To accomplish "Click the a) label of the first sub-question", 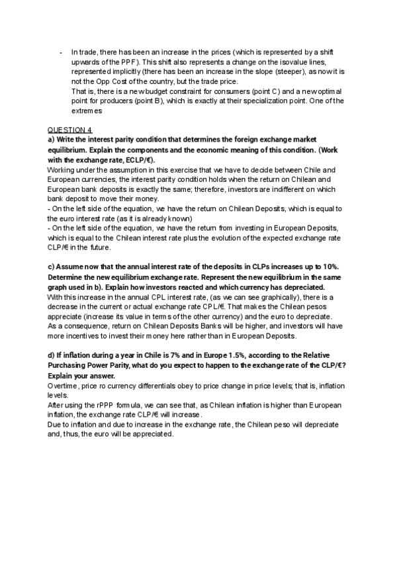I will (x=51, y=140).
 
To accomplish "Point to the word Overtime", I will (x=64, y=386).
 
